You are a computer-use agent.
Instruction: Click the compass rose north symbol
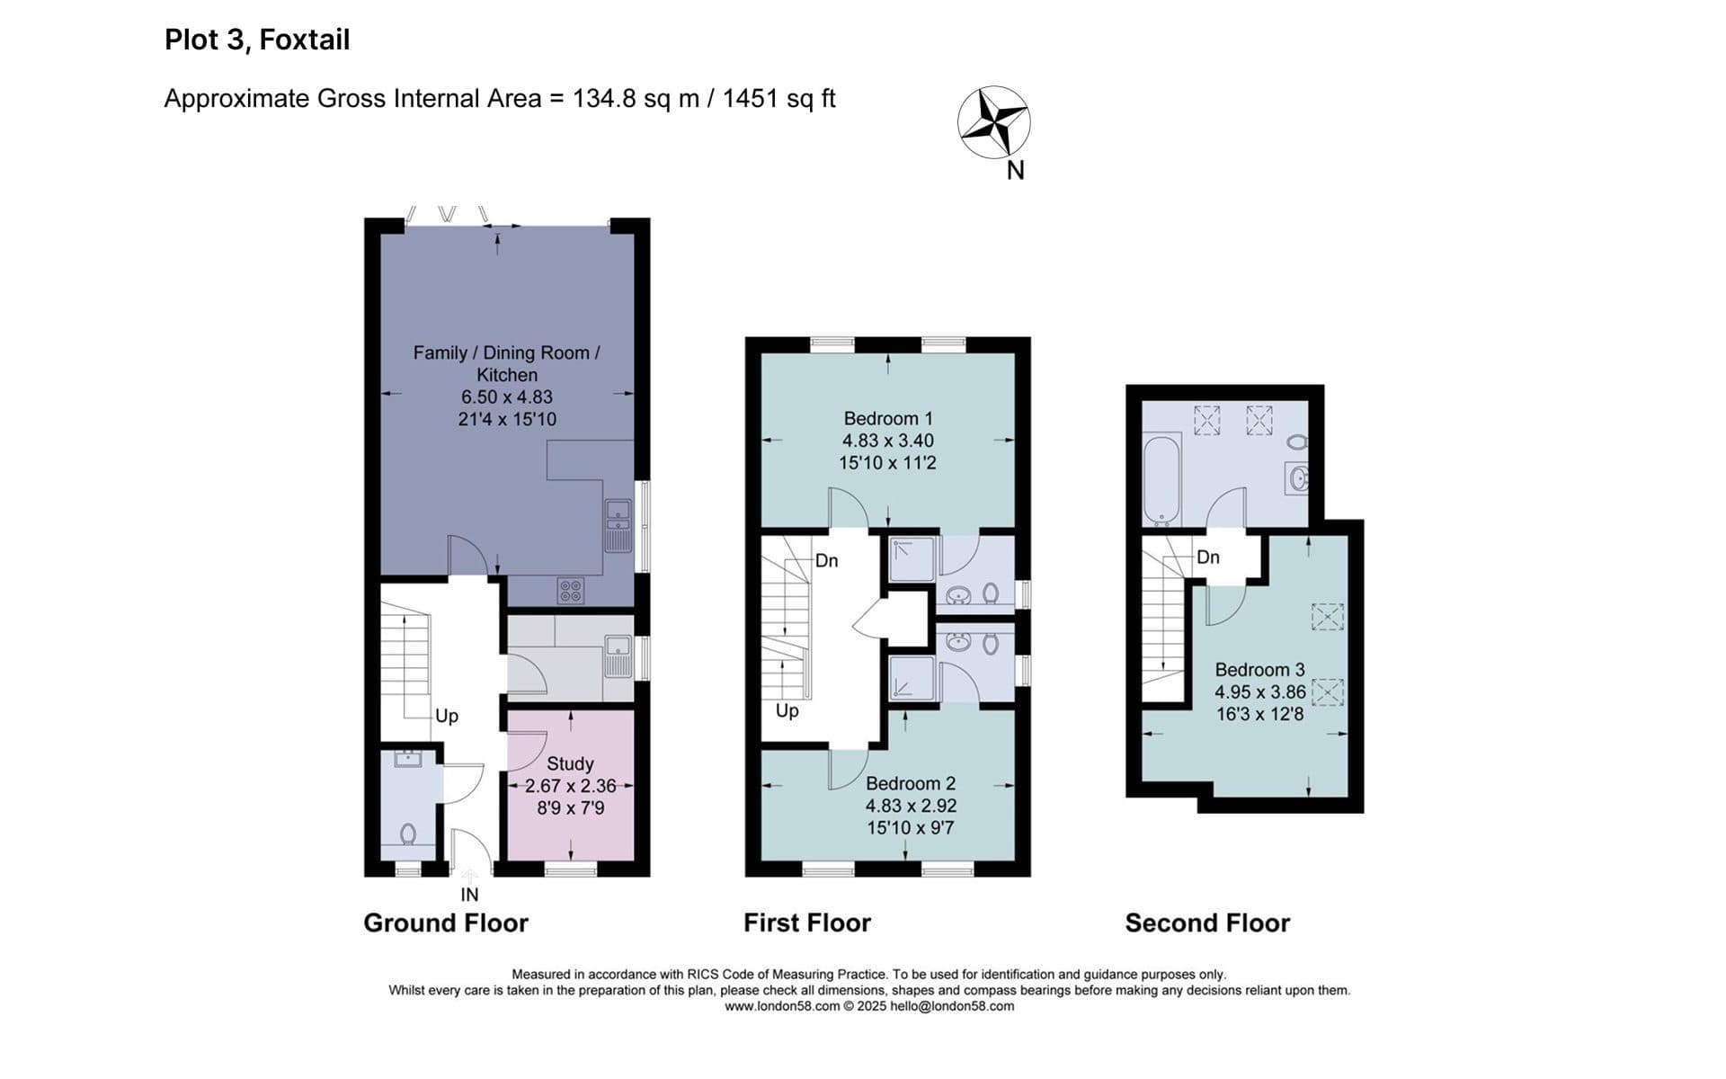pos(993,122)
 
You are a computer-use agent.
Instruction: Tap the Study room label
pos(570,763)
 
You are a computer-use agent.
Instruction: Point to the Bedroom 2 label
pos(911,783)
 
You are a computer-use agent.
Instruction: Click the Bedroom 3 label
pos(1259,670)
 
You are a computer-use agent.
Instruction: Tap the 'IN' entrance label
pos(469,895)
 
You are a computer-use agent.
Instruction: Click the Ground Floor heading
pos(446,923)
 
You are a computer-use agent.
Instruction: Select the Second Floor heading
pos(1207,923)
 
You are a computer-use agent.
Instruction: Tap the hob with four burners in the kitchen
pos(571,591)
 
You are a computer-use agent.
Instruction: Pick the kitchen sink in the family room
pos(618,526)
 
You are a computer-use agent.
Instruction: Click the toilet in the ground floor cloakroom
pos(407,834)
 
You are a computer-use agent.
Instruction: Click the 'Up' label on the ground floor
pos(447,716)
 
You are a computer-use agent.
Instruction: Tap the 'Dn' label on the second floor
pos(1208,557)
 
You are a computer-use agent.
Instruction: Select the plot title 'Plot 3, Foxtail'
pos(257,40)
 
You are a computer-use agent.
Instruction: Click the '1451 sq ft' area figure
pos(779,98)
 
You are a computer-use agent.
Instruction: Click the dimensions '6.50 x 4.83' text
pos(507,397)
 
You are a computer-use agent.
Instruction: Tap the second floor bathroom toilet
pos(1296,441)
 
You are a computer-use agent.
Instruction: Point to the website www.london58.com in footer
pos(782,1006)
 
